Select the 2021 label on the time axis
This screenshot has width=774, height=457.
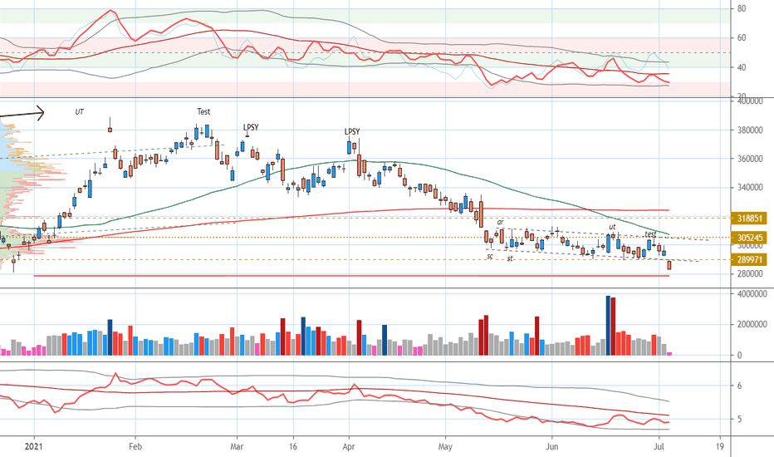point(34,445)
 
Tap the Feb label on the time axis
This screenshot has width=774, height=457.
point(135,445)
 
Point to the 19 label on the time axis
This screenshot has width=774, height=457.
point(720,445)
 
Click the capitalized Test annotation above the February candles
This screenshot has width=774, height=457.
point(203,111)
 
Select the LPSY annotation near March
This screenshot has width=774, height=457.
point(251,127)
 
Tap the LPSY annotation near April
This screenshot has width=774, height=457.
point(353,131)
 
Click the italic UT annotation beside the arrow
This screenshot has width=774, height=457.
point(80,111)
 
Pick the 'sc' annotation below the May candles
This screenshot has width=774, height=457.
point(490,257)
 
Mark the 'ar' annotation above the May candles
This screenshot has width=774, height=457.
point(500,222)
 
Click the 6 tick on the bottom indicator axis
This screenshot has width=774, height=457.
point(739,386)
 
